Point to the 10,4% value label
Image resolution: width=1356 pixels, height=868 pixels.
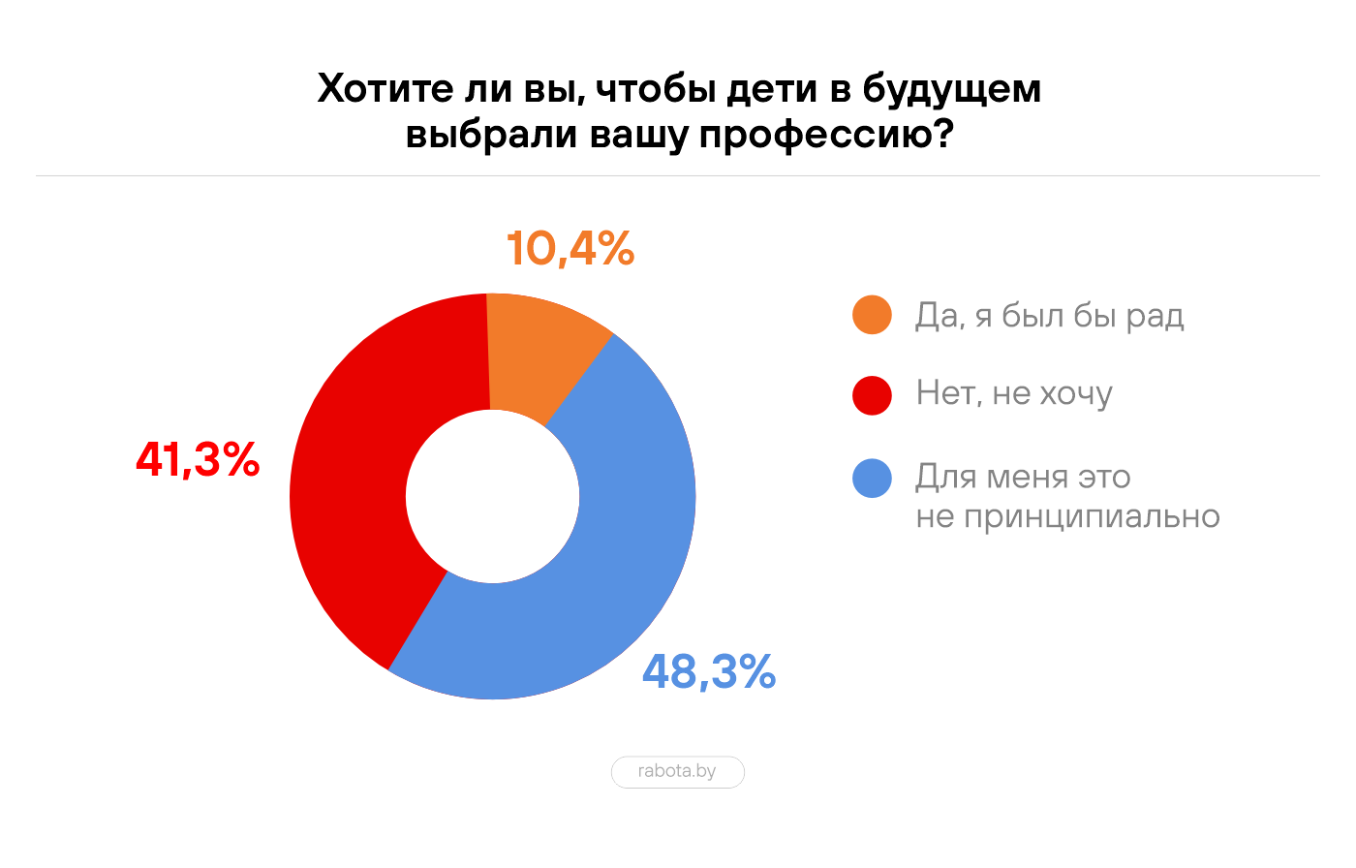tap(570, 249)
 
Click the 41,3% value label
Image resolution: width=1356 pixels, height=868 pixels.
tap(199, 459)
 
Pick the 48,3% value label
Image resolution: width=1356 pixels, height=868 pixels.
tap(709, 671)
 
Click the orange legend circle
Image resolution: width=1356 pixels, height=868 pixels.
tap(872, 315)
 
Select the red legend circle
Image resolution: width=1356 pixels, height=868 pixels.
tap(872, 394)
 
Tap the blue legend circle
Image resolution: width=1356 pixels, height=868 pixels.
tap(872, 479)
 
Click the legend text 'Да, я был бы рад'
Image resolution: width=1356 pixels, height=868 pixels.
tap(1050, 316)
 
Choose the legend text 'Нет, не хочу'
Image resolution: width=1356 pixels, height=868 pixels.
tap(1014, 394)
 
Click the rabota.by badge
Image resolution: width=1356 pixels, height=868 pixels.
tap(677, 772)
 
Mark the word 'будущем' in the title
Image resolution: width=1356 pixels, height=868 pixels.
tap(951, 89)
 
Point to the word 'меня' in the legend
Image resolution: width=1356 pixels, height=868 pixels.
tap(1031, 478)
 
